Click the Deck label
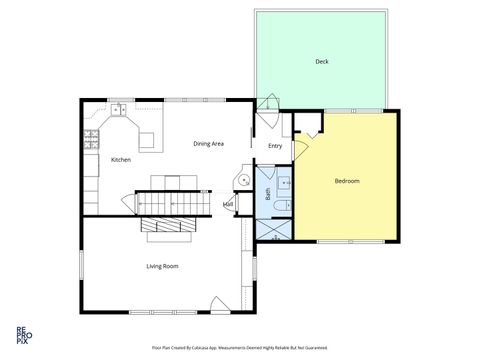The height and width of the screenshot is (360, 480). [x=322, y=62]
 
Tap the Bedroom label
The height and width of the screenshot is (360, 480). [x=347, y=180]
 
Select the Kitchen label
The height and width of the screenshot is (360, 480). [x=121, y=160]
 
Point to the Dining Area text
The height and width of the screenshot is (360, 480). [x=208, y=143]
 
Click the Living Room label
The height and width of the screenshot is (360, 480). [x=162, y=265]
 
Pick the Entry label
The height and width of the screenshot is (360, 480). [x=275, y=146]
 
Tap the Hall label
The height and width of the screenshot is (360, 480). [x=229, y=204]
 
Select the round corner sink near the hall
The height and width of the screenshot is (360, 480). [x=242, y=180]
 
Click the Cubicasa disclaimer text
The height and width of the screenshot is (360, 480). [x=240, y=348]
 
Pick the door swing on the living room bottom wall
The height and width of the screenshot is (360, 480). [x=218, y=304]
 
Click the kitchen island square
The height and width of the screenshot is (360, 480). [x=148, y=139]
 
